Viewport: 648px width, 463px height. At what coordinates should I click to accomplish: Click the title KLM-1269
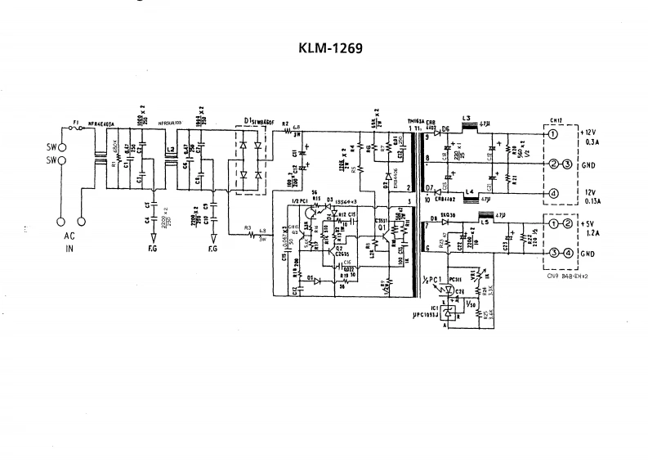pyautogui.click(x=324, y=47)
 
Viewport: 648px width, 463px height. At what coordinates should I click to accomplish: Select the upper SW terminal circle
pyautogui.click(x=61, y=149)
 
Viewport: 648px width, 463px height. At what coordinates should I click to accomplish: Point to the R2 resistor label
pyautogui.click(x=285, y=124)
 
